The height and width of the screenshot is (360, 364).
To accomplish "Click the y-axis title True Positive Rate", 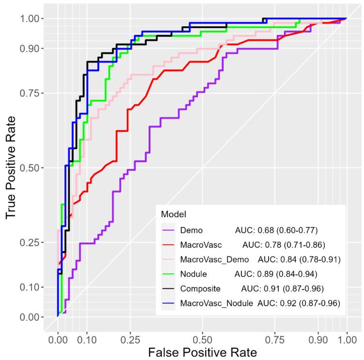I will [14, 167].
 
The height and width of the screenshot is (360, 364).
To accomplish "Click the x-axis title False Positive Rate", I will [202, 351].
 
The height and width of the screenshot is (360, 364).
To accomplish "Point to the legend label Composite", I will [200, 289].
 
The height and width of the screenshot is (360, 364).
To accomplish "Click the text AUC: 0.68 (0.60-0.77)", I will [276, 230].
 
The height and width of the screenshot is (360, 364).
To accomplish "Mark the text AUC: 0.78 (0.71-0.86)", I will [283, 245].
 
